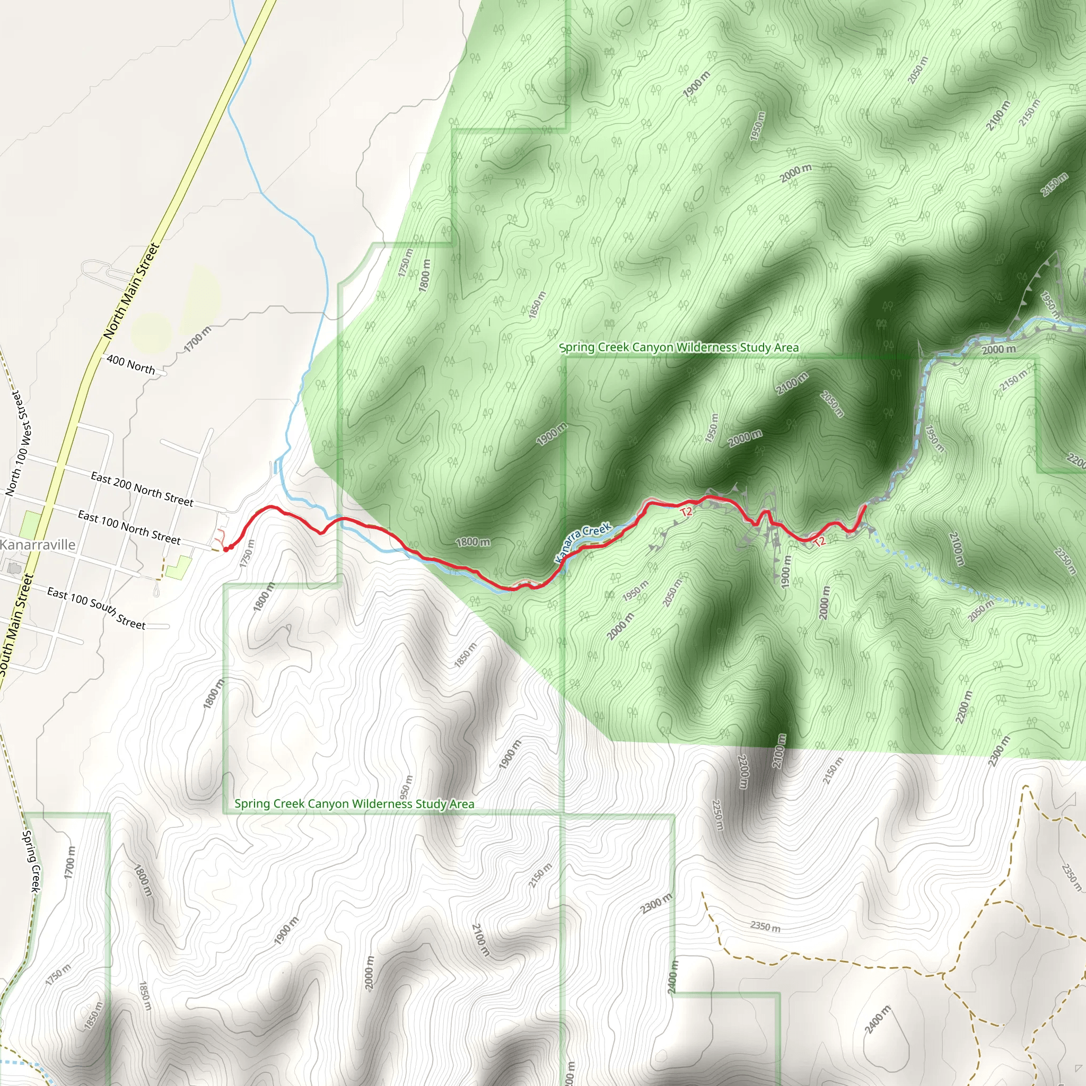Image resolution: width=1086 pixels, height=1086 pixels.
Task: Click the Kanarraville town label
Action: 37,544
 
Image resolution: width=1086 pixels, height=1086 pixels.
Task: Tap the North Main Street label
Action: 132,291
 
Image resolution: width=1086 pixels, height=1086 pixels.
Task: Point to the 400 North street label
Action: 130,365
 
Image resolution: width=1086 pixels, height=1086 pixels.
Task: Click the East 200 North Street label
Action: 142,489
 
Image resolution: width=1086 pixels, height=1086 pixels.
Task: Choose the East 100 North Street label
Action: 129,527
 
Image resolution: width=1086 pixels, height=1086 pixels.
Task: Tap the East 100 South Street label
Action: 96,608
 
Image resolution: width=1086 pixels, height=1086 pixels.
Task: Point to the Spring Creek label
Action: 31,861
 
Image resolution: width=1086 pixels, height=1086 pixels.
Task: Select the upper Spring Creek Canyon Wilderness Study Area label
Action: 678,347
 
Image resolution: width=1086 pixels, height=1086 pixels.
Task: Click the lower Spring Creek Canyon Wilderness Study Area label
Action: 354,804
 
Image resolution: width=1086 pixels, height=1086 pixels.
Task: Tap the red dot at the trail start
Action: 226,549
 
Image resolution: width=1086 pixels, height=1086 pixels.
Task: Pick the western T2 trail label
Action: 686,512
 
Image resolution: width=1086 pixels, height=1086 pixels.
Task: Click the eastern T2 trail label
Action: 820,541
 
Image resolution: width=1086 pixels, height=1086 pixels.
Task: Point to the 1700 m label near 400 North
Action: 198,339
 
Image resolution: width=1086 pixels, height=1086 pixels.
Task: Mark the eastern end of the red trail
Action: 864,507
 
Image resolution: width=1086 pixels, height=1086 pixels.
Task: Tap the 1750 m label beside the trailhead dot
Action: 247,553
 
